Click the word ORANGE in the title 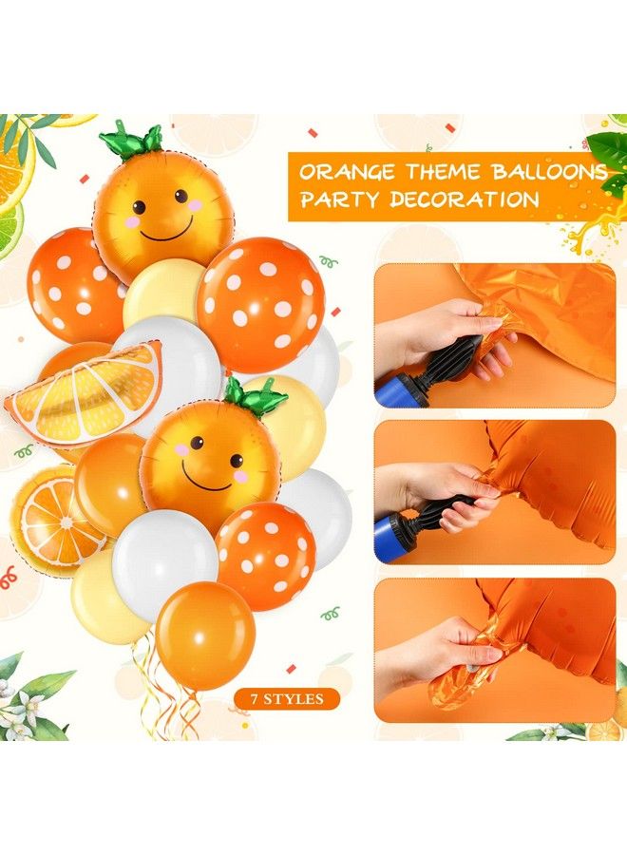coord(344,173)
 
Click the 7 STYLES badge coord(287,699)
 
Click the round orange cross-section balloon coord(57,521)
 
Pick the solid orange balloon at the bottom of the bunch coord(205,635)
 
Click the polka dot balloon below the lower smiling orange coord(266,554)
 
